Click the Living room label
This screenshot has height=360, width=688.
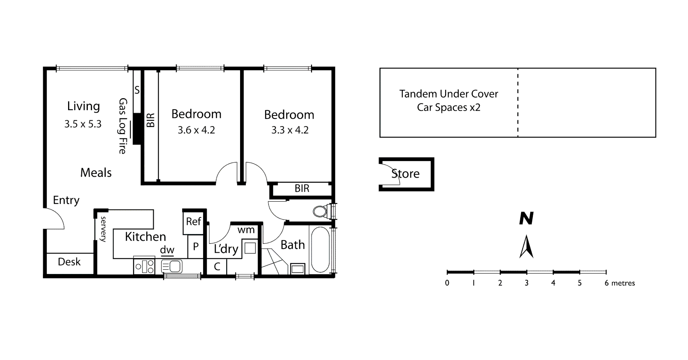coord(83,106)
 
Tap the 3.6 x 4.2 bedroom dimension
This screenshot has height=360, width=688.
coord(196,130)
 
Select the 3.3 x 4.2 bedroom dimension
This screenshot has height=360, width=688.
coord(290,130)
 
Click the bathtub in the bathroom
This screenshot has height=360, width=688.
coord(320,250)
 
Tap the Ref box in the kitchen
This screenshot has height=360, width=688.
coord(193,222)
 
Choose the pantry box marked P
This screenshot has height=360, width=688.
coord(196,246)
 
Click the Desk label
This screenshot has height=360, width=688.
coord(69,262)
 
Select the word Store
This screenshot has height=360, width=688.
coord(405,174)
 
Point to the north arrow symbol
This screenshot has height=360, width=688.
coord(526,246)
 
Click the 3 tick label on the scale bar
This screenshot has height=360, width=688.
coord(526,283)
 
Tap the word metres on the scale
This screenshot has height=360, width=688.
coord(623,283)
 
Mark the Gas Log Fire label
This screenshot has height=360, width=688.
coord(123,126)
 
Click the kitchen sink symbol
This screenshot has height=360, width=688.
coord(172,266)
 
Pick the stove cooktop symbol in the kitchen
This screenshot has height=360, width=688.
coord(144,266)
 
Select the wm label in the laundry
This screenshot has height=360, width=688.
coord(246,230)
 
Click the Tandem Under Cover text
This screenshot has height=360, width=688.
coord(449,94)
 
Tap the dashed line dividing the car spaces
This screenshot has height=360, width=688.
coord(518,103)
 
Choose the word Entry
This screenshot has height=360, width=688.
coord(66,200)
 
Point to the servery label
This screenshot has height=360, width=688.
coord(104,229)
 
